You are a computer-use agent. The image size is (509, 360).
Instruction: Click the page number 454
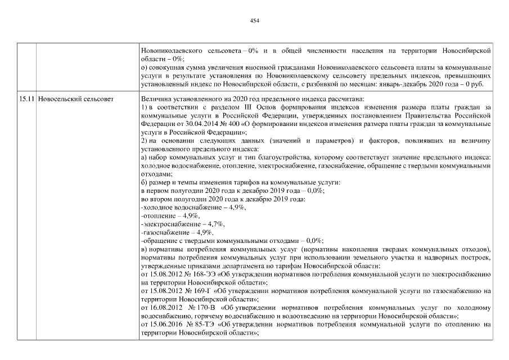(254, 20)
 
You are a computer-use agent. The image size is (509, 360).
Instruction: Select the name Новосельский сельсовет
(76, 98)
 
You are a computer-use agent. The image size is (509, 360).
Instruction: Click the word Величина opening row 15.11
(156, 98)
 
